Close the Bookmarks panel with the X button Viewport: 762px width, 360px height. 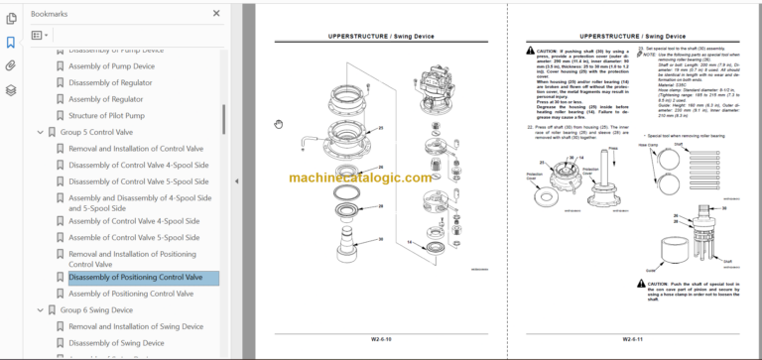coord(216,14)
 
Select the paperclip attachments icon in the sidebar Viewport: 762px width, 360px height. coord(10,66)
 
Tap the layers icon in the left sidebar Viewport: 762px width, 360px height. coord(10,90)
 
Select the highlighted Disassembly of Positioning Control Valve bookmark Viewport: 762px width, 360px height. coord(136,278)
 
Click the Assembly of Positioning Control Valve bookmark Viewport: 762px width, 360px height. coord(130,294)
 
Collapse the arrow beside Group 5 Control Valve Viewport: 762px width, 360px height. coord(40,132)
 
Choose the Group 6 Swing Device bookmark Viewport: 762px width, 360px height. coord(96,310)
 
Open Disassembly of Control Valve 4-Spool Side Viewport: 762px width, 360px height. coord(138,165)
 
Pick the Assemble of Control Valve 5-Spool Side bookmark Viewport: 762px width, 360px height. coord(134,238)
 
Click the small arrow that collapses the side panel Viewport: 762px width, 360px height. coord(236,180)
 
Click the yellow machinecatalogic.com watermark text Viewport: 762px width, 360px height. coord(361,180)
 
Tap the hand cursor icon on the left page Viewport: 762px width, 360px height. coord(279,123)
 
